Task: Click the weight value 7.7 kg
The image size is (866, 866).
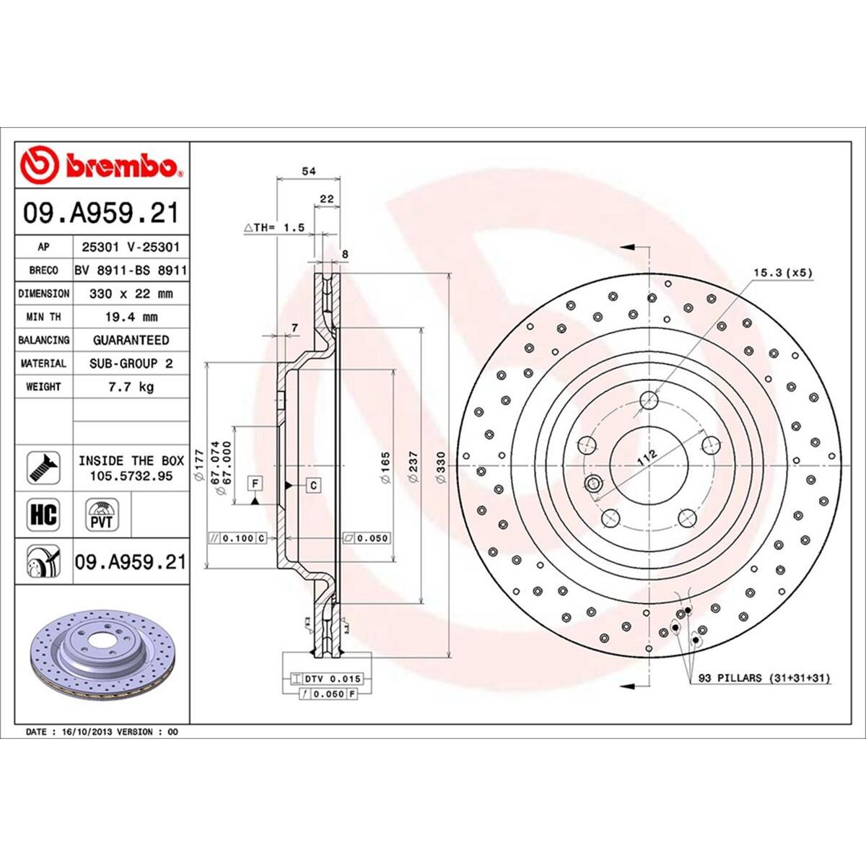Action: click(x=130, y=387)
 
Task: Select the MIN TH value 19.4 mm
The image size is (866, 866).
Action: click(x=130, y=317)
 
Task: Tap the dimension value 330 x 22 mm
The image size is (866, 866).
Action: click(x=130, y=294)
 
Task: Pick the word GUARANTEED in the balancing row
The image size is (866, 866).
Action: click(x=131, y=340)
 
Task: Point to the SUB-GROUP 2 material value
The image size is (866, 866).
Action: click(x=131, y=364)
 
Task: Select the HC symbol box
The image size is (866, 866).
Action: click(x=43, y=515)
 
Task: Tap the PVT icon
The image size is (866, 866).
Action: click(x=102, y=515)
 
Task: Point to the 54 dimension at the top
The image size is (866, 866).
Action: click(x=308, y=171)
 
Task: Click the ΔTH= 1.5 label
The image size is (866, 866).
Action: click(x=274, y=227)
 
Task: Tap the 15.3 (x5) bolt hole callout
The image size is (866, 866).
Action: click(x=782, y=273)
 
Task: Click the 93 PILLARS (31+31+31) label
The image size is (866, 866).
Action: click(x=764, y=678)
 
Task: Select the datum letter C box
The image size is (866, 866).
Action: click(x=314, y=485)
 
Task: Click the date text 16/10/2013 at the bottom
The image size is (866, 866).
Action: click(x=88, y=732)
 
